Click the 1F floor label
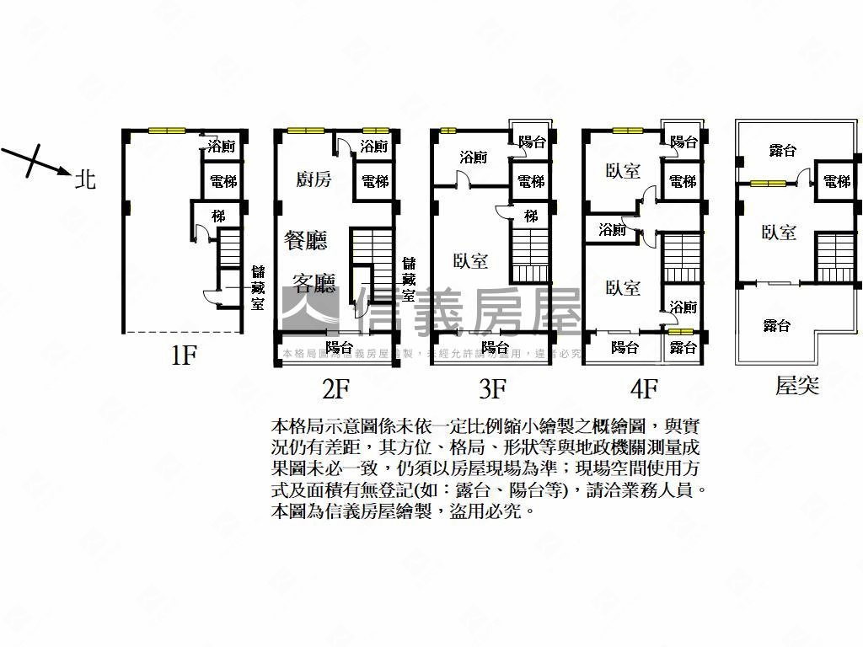point(183,356)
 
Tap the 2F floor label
point(335,388)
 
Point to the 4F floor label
point(643,388)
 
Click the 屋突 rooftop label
point(796,387)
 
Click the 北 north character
point(85,179)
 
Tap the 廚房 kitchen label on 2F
point(313,179)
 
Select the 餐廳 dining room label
point(307,240)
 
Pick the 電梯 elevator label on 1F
point(223,181)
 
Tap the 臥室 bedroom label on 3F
point(470,261)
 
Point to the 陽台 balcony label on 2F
point(339,347)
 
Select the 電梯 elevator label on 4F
point(683,181)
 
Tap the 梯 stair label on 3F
point(530,217)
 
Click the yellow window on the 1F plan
point(167,130)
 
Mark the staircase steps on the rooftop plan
point(831,256)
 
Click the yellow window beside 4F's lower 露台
point(681,331)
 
